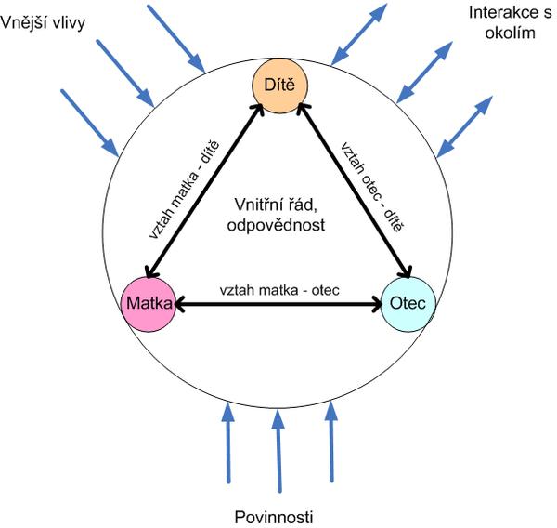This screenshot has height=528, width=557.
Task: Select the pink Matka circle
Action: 149,304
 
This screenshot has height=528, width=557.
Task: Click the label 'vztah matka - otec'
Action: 278,290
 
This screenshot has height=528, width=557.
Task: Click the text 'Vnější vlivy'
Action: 43,20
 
